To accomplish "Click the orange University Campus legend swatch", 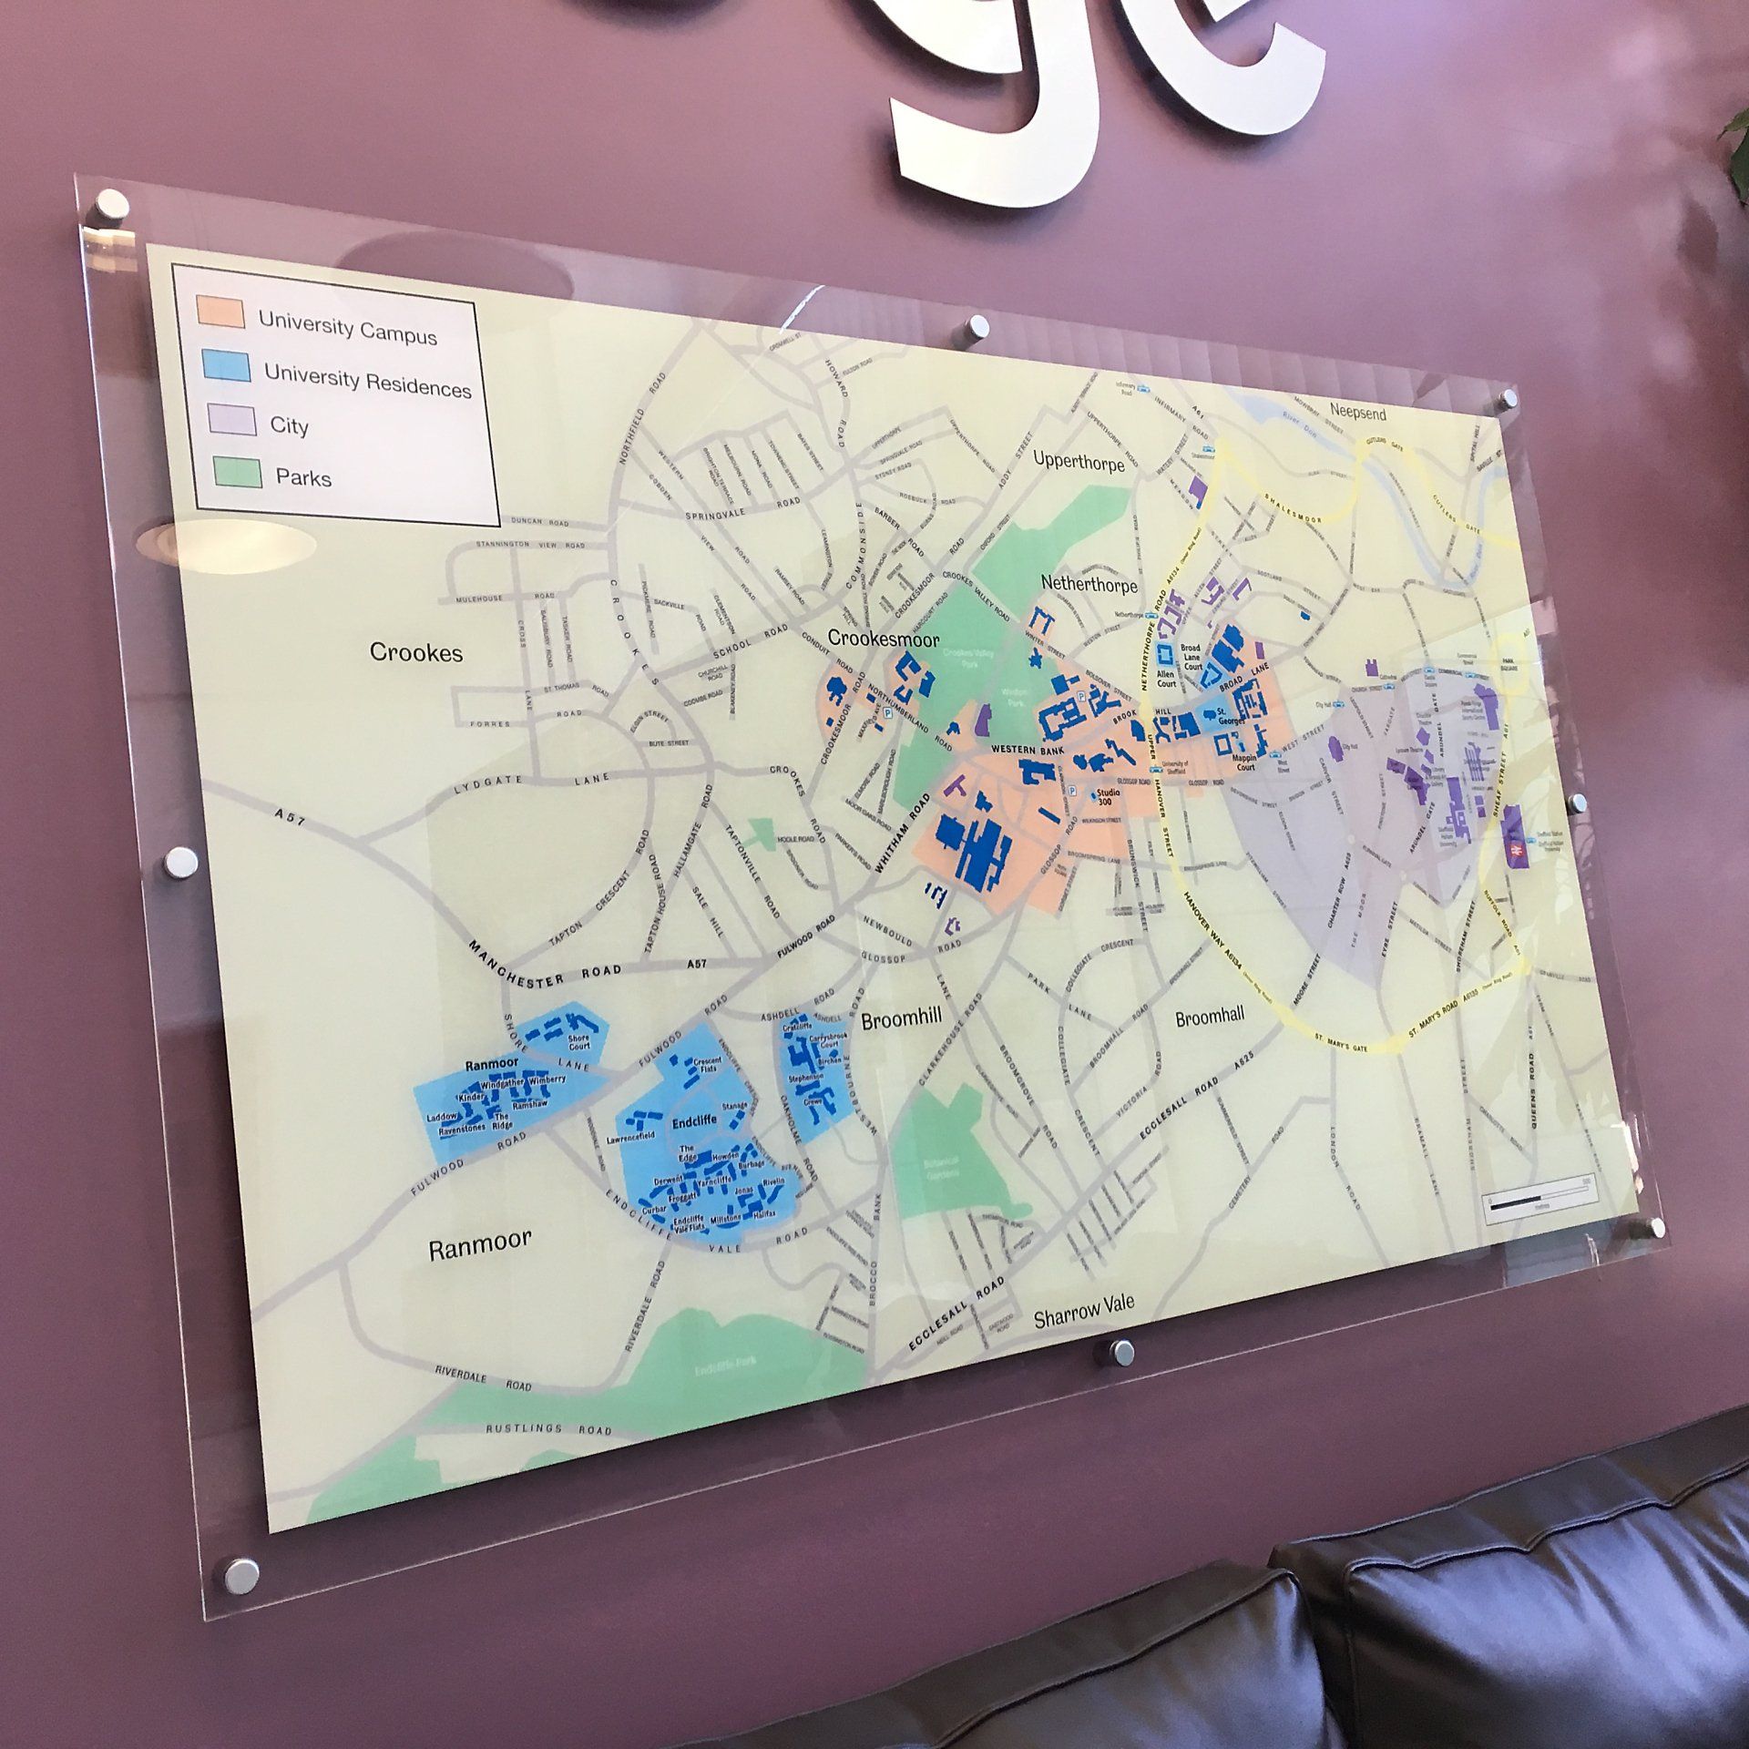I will pos(220,312).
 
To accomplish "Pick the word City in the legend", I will pos(289,425).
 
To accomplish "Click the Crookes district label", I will pos(415,652).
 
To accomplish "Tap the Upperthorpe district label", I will pos(1079,460).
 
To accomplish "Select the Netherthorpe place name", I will pos(1089,581).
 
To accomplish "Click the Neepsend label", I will pos(1356,413).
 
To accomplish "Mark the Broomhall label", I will pos(1209,1018).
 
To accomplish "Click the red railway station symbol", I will pos(1513,849).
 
